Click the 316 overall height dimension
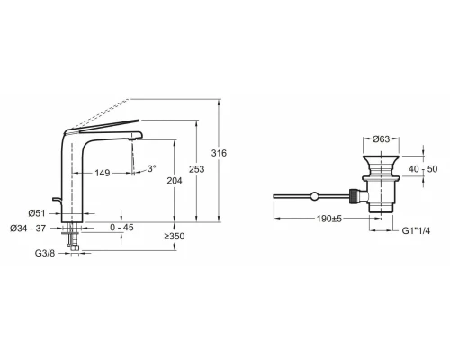(x=219, y=153)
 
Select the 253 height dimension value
(x=197, y=169)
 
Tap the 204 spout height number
(x=175, y=181)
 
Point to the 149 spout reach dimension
(x=103, y=173)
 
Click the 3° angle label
(x=151, y=168)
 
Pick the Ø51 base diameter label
(x=37, y=213)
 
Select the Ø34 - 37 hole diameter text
(x=28, y=229)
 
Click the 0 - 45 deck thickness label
(x=121, y=228)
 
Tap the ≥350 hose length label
(x=175, y=237)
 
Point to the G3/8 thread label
(x=45, y=254)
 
